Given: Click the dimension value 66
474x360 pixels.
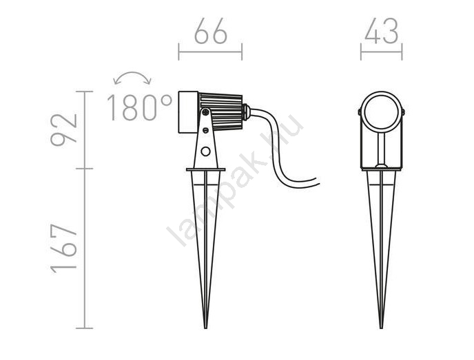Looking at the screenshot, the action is (210, 31).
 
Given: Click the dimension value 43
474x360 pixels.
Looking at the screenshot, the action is (381, 31).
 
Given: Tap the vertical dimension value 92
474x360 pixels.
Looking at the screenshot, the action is (64, 130).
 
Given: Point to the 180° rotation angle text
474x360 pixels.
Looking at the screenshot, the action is (140, 108).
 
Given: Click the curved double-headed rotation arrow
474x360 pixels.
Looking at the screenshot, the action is (132, 72).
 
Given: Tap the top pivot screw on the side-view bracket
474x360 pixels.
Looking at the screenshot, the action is (205, 112).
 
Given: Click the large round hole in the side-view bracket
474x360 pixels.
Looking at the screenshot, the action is (205, 151).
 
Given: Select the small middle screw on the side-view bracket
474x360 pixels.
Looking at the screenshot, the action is (205, 131).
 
